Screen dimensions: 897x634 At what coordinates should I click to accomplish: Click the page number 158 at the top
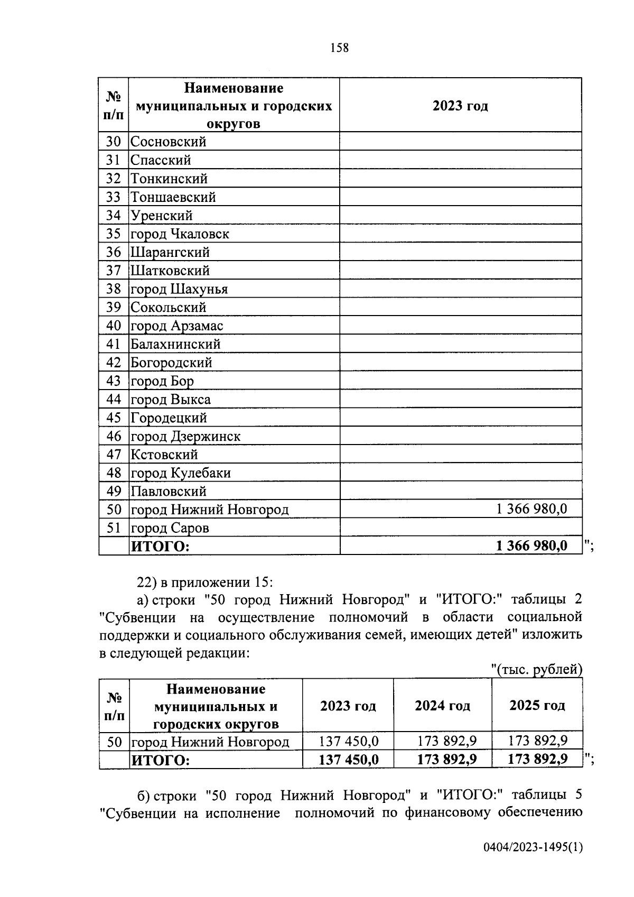click(x=339, y=48)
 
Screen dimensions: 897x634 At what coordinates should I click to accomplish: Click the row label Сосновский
click(x=168, y=142)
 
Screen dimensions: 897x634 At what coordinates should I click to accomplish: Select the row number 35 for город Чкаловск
click(x=114, y=234)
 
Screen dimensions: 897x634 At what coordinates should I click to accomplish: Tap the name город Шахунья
click(x=179, y=289)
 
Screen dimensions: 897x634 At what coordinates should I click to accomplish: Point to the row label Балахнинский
click(x=175, y=344)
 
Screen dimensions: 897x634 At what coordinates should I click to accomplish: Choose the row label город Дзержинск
click(x=185, y=436)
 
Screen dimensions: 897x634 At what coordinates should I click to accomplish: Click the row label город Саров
click(x=170, y=528)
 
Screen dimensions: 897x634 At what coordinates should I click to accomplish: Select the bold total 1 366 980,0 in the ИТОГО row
click(x=532, y=545)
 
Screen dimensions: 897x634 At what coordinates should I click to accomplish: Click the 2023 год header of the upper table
click(x=460, y=106)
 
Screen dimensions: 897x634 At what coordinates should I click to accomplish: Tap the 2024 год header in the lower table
click(x=442, y=706)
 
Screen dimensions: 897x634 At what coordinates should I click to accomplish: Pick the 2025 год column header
click(x=537, y=706)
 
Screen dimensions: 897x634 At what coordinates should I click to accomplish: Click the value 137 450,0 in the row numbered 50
click(x=348, y=741)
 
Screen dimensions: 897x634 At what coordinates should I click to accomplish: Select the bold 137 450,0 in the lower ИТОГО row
click(x=348, y=760)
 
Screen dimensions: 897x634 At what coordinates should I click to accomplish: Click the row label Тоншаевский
click(x=173, y=197)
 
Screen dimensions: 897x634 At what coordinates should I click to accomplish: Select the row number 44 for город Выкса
click(x=114, y=399)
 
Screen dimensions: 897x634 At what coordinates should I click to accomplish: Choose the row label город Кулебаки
click(x=181, y=473)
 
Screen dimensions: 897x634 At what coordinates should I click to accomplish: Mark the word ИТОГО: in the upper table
click(x=160, y=546)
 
